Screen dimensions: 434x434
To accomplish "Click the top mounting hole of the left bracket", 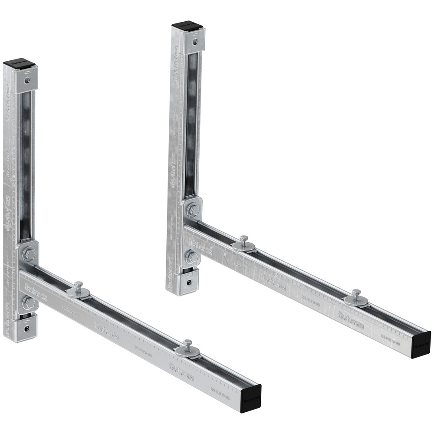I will [x=27, y=80].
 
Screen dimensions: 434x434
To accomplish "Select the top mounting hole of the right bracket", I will [x=195, y=41].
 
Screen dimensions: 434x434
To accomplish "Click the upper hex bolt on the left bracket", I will [x=29, y=254].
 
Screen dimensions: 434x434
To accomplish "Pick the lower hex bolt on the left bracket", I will [x=28, y=302].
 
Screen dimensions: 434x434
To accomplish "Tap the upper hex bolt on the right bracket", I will [x=193, y=210].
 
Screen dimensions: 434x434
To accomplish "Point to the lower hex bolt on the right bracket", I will [x=192, y=257].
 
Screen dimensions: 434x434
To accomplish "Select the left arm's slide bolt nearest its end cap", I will [x=187, y=346].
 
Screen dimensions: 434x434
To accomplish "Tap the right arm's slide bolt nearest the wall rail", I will [x=244, y=241].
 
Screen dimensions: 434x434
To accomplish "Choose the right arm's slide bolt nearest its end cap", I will [x=356, y=295].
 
